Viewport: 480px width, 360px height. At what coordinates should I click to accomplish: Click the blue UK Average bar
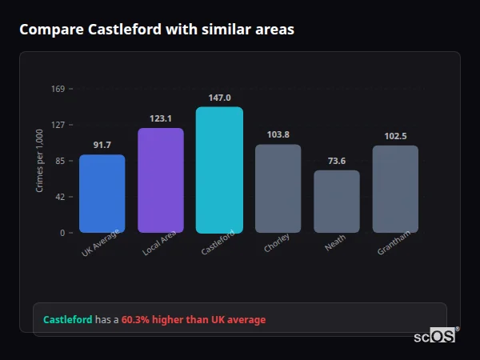click(x=102, y=194)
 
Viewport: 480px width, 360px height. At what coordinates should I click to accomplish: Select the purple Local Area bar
click(x=160, y=181)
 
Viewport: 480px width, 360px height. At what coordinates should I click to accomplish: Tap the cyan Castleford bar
click(x=219, y=170)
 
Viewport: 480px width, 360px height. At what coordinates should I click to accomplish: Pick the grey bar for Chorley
click(x=278, y=189)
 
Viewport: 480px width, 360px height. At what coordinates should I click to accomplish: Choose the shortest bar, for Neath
click(x=336, y=202)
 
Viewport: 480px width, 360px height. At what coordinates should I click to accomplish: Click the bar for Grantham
click(x=395, y=189)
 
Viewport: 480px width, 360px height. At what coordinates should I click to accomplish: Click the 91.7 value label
click(x=102, y=145)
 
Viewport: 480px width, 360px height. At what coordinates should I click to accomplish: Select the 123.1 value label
click(x=160, y=118)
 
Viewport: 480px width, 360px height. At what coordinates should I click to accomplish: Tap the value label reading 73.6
click(x=336, y=161)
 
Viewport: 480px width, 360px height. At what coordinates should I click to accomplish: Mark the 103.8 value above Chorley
click(x=278, y=134)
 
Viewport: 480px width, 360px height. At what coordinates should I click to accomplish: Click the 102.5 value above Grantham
click(x=395, y=136)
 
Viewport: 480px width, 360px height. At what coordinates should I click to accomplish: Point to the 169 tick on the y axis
click(x=58, y=89)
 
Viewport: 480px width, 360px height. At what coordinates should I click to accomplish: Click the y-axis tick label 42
click(x=60, y=197)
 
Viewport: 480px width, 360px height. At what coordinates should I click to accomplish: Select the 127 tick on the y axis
click(x=58, y=125)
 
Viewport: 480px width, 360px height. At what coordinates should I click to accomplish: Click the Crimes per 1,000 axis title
click(x=40, y=161)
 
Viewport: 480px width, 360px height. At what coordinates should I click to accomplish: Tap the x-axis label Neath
click(x=336, y=243)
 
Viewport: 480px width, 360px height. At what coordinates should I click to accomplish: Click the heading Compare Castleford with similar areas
click(x=157, y=30)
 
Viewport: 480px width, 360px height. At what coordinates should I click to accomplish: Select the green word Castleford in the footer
click(x=67, y=320)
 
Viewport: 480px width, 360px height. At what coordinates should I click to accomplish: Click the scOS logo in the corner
click(x=434, y=336)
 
